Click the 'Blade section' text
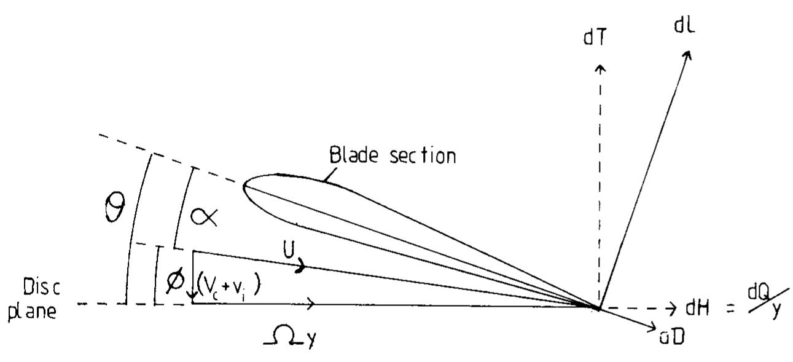tap(393, 155)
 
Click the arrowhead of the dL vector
tap(688, 55)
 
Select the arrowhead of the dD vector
tap(653, 325)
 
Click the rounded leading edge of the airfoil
tap(245, 186)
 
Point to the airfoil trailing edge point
tap(598, 307)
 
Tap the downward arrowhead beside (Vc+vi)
tap(193, 298)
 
